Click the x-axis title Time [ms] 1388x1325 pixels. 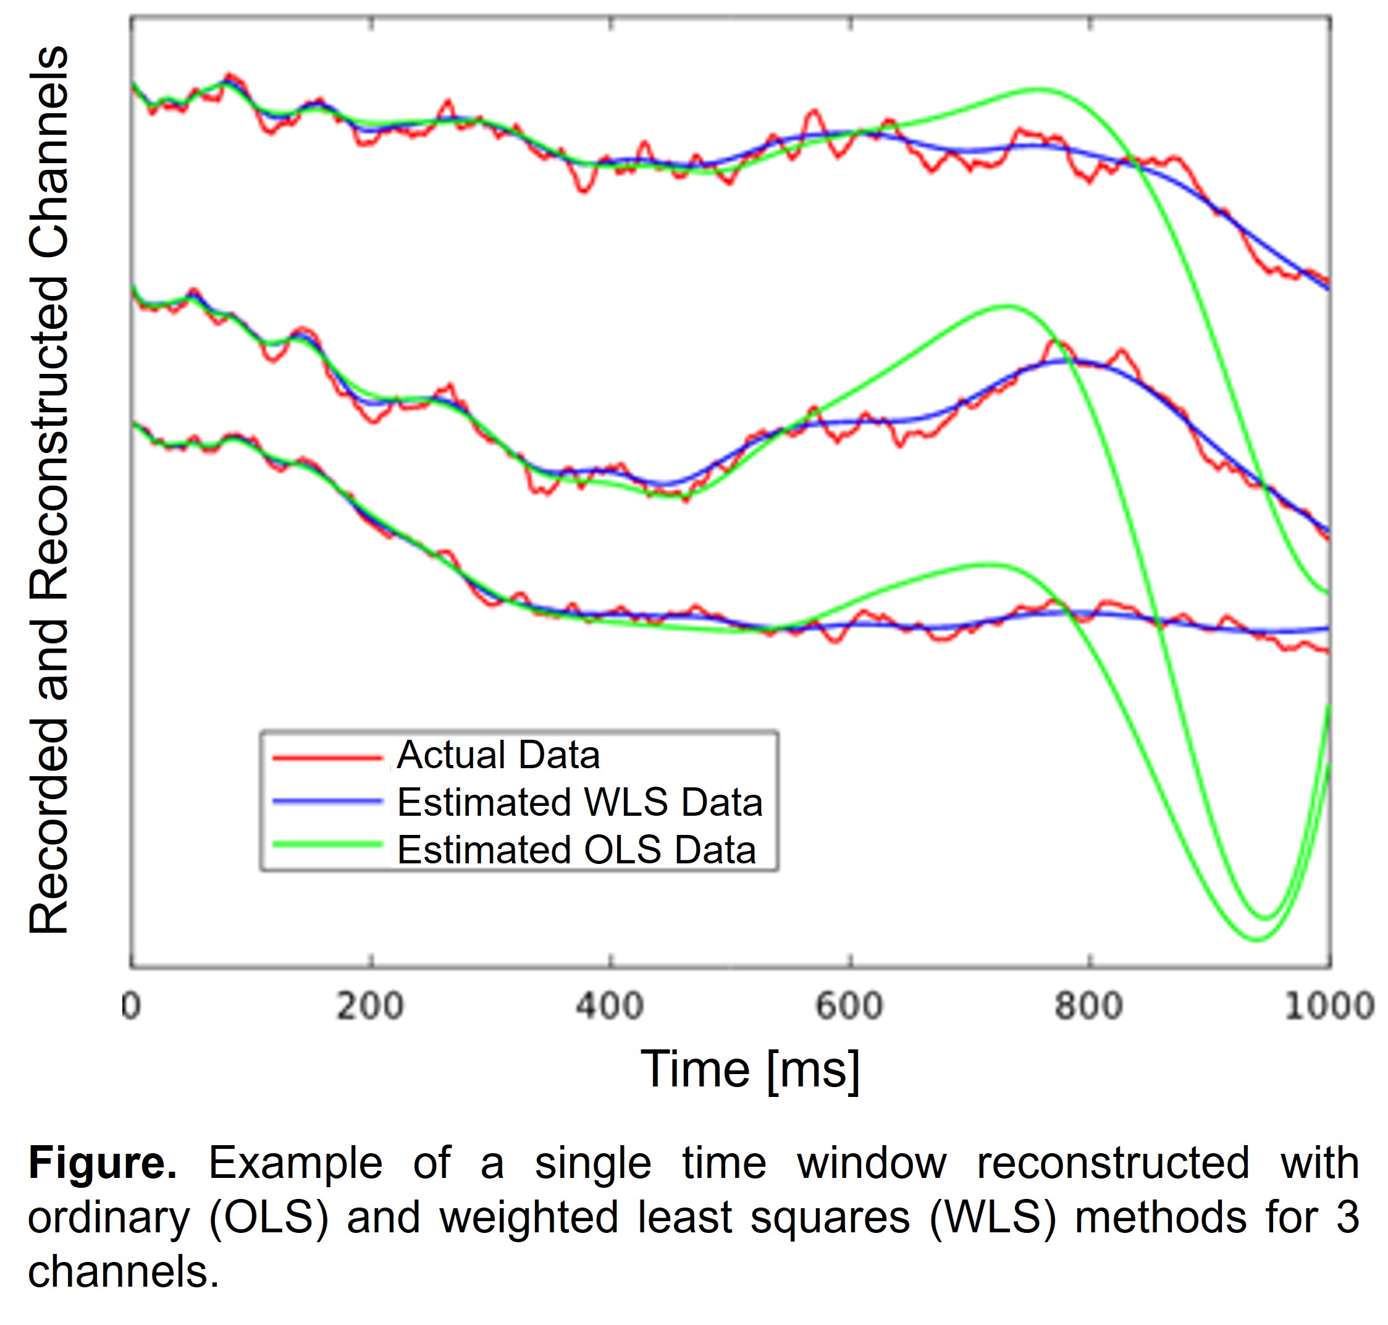click(x=750, y=1069)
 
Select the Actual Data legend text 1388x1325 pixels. click(x=498, y=755)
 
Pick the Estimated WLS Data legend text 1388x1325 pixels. click(x=579, y=802)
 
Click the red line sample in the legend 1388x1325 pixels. click(x=327, y=758)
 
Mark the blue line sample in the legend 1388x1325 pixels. click(x=327, y=801)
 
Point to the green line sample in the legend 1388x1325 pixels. click(x=327, y=844)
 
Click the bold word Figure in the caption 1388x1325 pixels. click(x=103, y=1162)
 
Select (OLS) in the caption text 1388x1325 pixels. click(x=269, y=1217)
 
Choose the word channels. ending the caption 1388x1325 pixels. click(x=124, y=1272)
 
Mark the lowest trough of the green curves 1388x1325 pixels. click(x=1258, y=940)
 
